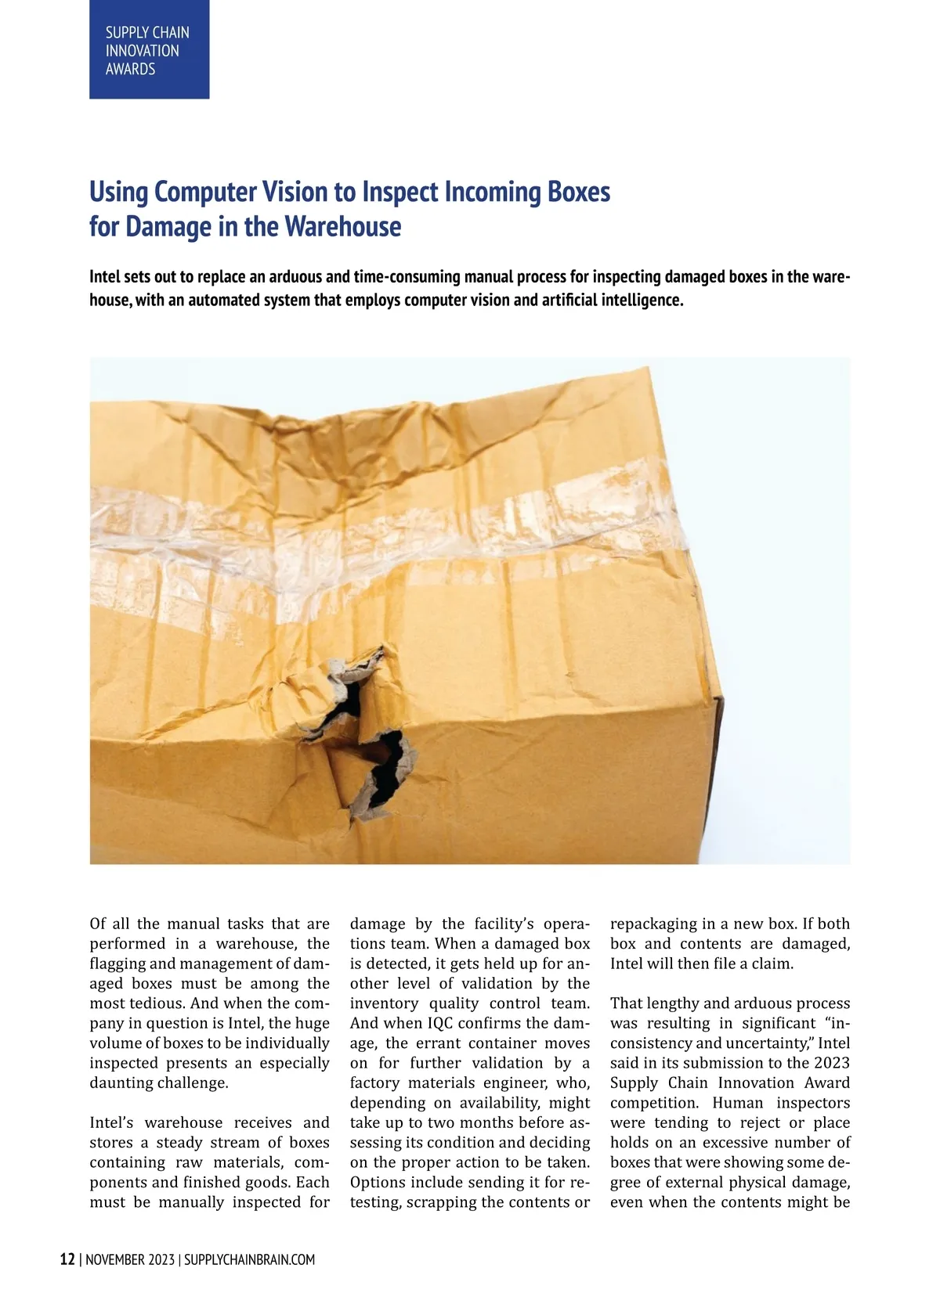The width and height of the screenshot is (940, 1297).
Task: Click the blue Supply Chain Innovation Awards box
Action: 149,49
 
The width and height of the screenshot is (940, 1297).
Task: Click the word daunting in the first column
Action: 121,1083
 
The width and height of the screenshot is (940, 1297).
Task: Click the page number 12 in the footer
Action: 68,1259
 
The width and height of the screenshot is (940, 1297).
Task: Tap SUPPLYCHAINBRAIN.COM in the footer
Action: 249,1260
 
